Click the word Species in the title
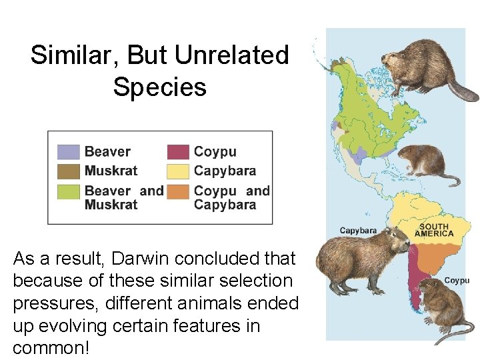tap(160, 87)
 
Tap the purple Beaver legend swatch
tap(68, 152)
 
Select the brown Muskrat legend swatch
tap(68, 171)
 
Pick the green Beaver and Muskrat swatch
tap(68, 192)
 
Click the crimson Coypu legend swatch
tap(178, 152)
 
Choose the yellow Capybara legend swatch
tap(178, 171)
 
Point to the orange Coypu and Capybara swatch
tap(178, 192)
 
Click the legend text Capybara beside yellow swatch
tap(225, 171)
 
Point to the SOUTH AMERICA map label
tap(434, 230)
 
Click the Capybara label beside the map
tap(358, 231)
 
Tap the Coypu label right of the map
tap(457, 281)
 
